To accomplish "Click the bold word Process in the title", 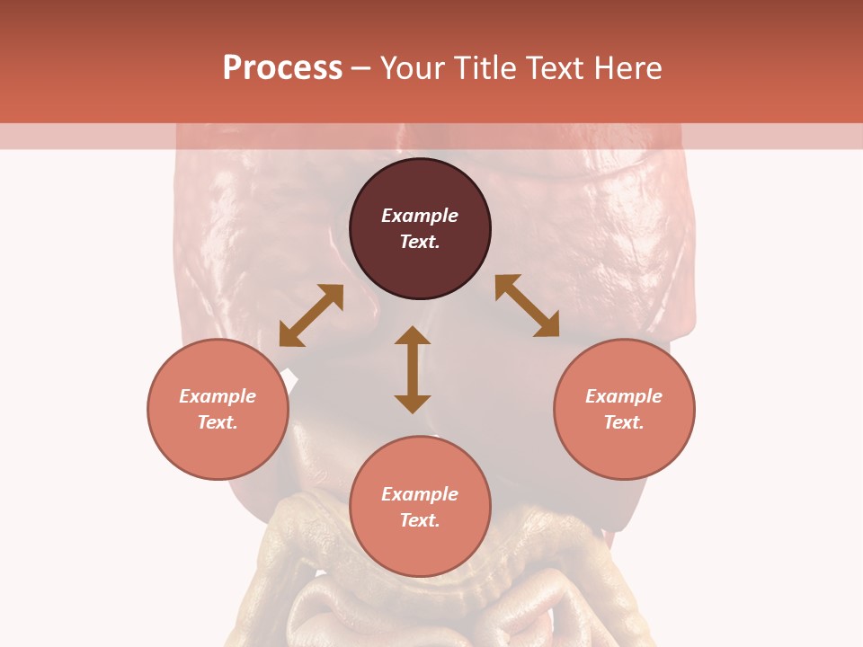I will point(282,68).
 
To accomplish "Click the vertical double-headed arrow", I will point(413,369).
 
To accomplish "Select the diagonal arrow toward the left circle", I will point(311,315).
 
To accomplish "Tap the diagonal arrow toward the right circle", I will point(527,306).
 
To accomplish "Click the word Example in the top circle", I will point(420,216).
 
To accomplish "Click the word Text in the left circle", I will point(218,422).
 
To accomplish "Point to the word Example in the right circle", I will point(624,396).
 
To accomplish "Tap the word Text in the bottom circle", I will point(420,520).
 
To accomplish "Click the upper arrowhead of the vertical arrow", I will point(413,337).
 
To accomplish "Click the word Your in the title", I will point(411,68).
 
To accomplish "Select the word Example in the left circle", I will point(218,396).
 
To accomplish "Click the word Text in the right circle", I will point(624,422).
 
